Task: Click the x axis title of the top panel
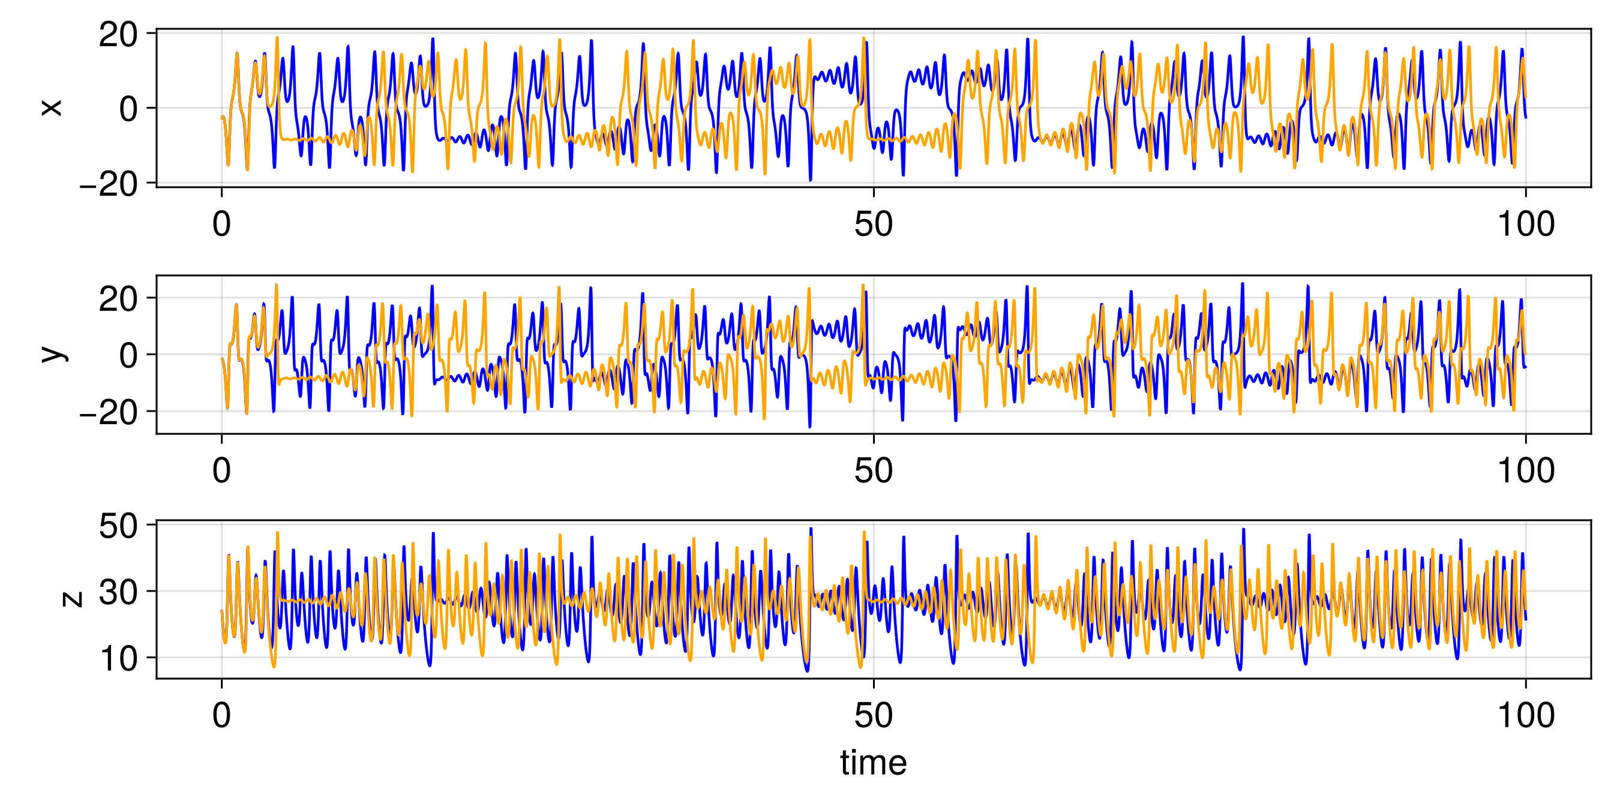point(52,108)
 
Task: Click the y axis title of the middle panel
point(53,354)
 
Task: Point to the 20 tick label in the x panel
point(118,35)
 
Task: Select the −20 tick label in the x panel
point(108,184)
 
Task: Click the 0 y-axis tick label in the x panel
point(128,109)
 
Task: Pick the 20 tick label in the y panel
point(118,299)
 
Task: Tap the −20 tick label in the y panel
point(108,413)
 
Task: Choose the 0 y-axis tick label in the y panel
point(128,356)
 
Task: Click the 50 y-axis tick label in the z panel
point(118,526)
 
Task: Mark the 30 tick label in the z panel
point(118,592)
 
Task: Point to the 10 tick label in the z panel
point(118,659)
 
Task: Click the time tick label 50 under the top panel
point(873,224)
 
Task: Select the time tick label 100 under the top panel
point(1526,224)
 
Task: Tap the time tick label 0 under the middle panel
point(221,471)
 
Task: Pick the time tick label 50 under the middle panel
point(873,471)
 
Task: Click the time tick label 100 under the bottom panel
point(1526,716)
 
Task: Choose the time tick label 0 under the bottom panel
point(221,716)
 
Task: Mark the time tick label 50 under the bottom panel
point(873,716)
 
